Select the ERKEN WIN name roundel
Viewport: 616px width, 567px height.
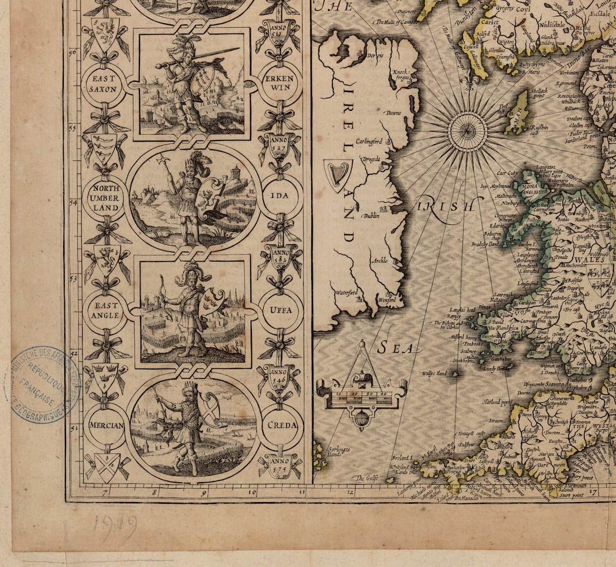279,83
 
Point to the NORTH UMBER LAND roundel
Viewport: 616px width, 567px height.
105,198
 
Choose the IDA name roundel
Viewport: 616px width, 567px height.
279,195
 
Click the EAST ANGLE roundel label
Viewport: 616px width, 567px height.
105,311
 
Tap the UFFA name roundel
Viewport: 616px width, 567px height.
279,310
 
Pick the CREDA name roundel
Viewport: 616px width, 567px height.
279,425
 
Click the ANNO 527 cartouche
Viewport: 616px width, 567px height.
279,145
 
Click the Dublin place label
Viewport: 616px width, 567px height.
371,215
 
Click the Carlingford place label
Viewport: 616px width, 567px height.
369,142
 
